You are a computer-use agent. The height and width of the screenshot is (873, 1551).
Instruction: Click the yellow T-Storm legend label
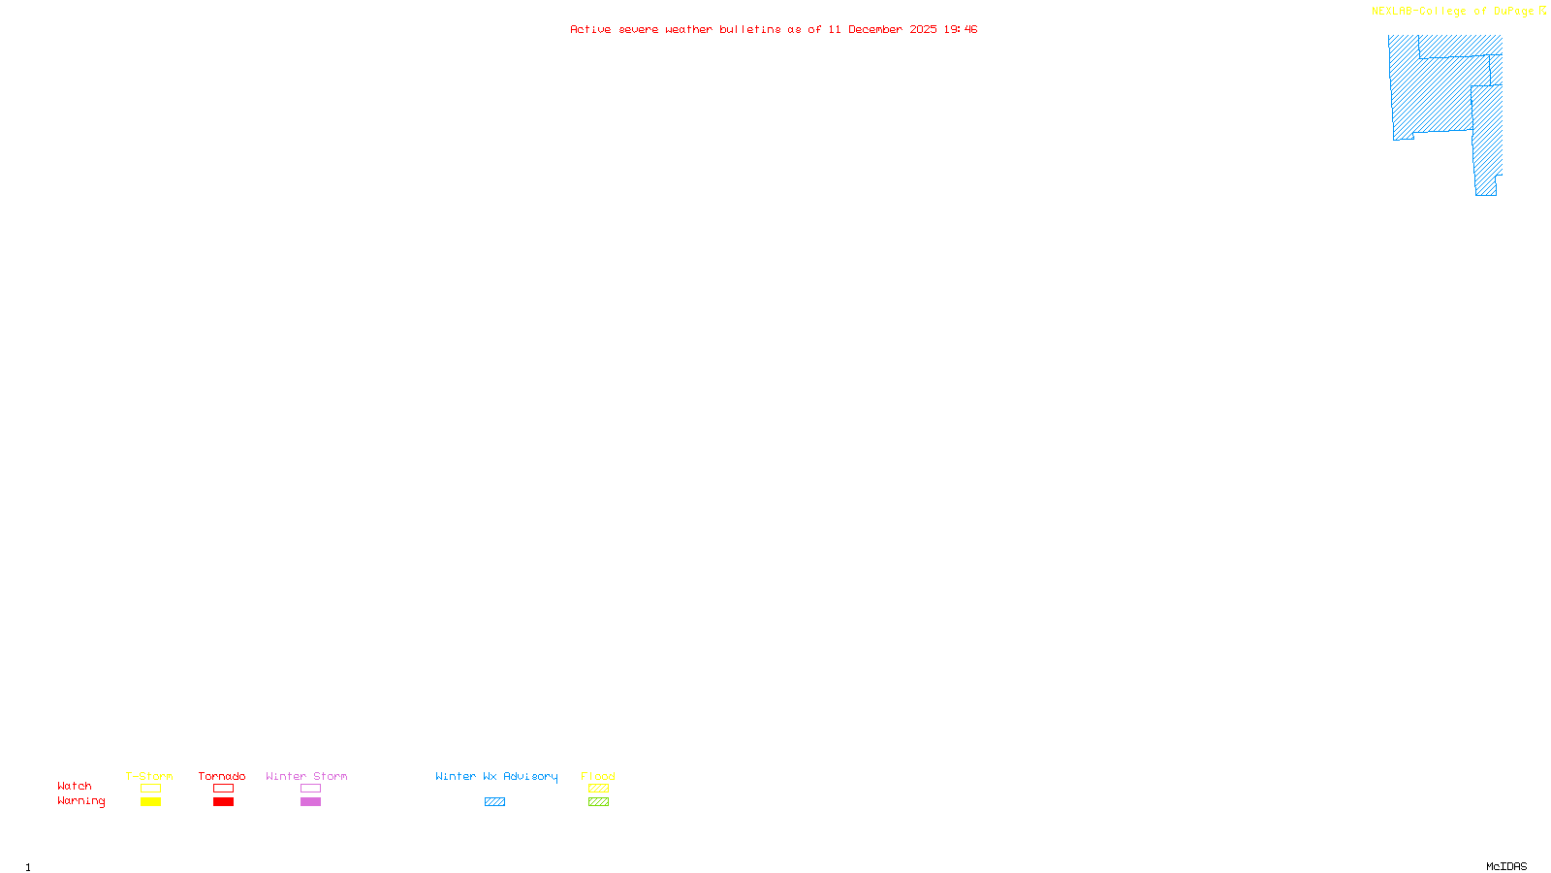coord(149,776)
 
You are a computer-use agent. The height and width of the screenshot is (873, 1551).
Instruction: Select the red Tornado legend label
coord(222,776)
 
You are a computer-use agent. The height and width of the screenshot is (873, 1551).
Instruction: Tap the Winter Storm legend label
coord(306,776)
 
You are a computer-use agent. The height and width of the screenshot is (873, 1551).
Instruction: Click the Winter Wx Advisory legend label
coord(496,776)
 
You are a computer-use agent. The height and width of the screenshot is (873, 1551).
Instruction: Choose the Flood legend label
coord(598,776)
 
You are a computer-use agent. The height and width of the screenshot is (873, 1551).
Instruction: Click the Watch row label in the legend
coord(75,786)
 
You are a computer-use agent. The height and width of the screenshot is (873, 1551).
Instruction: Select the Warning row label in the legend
coord(81,801)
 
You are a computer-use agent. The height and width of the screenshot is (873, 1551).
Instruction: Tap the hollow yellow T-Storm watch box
coord(150,789)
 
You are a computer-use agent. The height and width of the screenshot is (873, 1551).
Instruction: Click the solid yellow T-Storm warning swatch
coord(150,802)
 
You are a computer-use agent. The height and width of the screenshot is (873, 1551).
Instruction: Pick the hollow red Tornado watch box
coord(223,789)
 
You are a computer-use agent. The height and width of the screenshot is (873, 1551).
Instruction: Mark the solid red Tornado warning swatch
coord(223,802)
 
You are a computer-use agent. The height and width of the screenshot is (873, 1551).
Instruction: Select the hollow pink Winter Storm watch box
coord(310,789)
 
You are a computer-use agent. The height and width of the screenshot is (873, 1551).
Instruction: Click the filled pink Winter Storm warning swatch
coord(310,802)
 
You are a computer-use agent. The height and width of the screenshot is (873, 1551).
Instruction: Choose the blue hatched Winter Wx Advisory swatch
coord(494,802)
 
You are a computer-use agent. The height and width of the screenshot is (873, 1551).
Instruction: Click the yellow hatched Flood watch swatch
coord(598,789)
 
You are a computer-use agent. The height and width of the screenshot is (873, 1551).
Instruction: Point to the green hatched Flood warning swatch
coord(598,802)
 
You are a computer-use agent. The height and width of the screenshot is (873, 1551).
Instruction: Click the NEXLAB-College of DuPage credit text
coord(1453,12)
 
